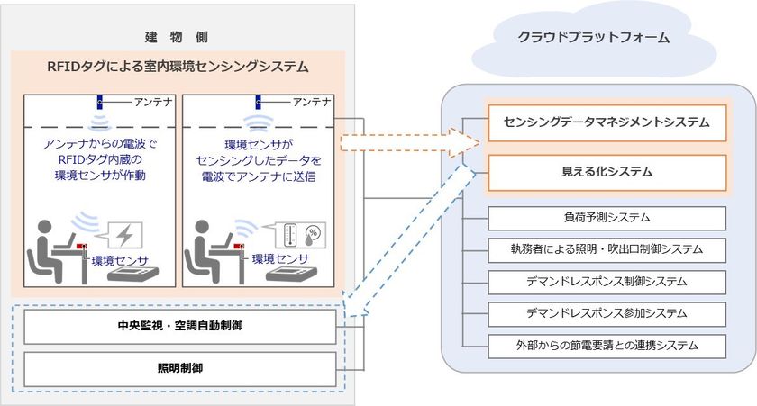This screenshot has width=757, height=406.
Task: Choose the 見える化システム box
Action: click(607, 170)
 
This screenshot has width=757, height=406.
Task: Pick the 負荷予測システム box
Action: click(607, 219)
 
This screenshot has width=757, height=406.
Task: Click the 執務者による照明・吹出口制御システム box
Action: click(607, 249)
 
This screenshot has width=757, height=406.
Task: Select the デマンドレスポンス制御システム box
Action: click(607, 281)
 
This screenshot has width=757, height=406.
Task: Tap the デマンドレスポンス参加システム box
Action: click(607, 312)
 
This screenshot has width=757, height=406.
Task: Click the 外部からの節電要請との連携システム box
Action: click(607, 344)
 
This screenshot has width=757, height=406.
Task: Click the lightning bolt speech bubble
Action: click(125, 235)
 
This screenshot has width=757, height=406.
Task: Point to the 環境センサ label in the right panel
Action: click(281, 258)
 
